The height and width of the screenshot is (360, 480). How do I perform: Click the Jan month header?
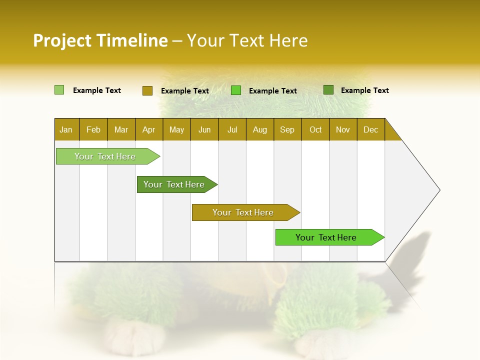point(66,129)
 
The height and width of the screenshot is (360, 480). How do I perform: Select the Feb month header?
point(93,129)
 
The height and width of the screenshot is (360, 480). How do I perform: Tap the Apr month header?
point(148,129)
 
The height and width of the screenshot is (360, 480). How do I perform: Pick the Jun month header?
point(204,129)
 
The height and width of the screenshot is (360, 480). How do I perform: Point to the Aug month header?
point(259,129)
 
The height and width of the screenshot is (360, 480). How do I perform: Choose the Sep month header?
point(287,129)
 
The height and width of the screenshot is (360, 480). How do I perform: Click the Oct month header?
point(315,129)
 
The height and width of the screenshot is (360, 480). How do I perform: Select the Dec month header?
point(370,129)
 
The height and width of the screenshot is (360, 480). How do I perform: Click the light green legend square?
point(59,90)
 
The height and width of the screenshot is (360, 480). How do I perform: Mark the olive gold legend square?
point(147,90)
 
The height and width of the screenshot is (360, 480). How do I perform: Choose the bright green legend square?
point(236,90)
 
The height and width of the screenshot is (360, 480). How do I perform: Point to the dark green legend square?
point(328,90)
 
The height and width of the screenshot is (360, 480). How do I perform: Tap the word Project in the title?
point(62,40)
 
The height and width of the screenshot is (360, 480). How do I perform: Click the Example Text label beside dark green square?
point(364,90)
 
